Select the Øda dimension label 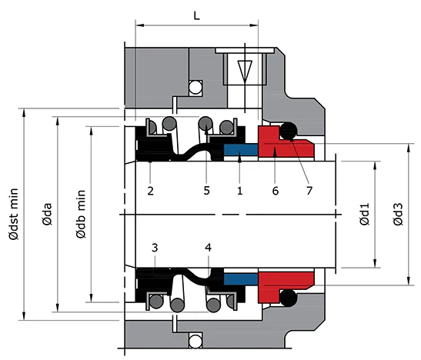coord(47,214)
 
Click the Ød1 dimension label coord(364,213)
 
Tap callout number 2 coord(151,188)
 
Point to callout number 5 coord(206,188)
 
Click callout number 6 coord(275,188)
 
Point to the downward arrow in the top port coord(244,72)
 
